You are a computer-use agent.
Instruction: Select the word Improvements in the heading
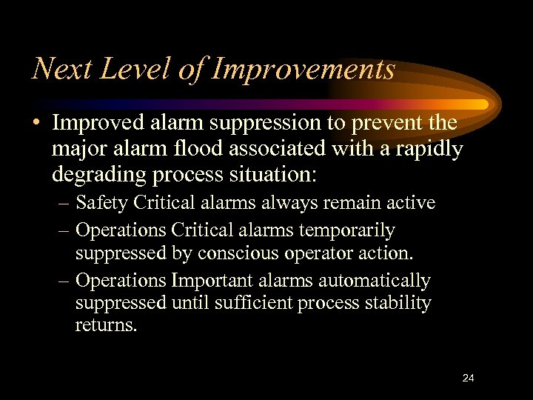coord(304,70)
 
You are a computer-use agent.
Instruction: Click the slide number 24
coord(468,378)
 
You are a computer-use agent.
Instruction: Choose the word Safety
coord(101,202)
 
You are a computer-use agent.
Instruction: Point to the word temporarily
coord(343,230)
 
